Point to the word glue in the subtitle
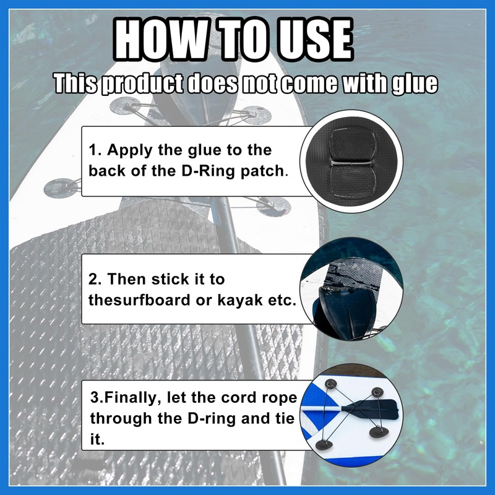(415, 84)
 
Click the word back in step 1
(113, 171)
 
